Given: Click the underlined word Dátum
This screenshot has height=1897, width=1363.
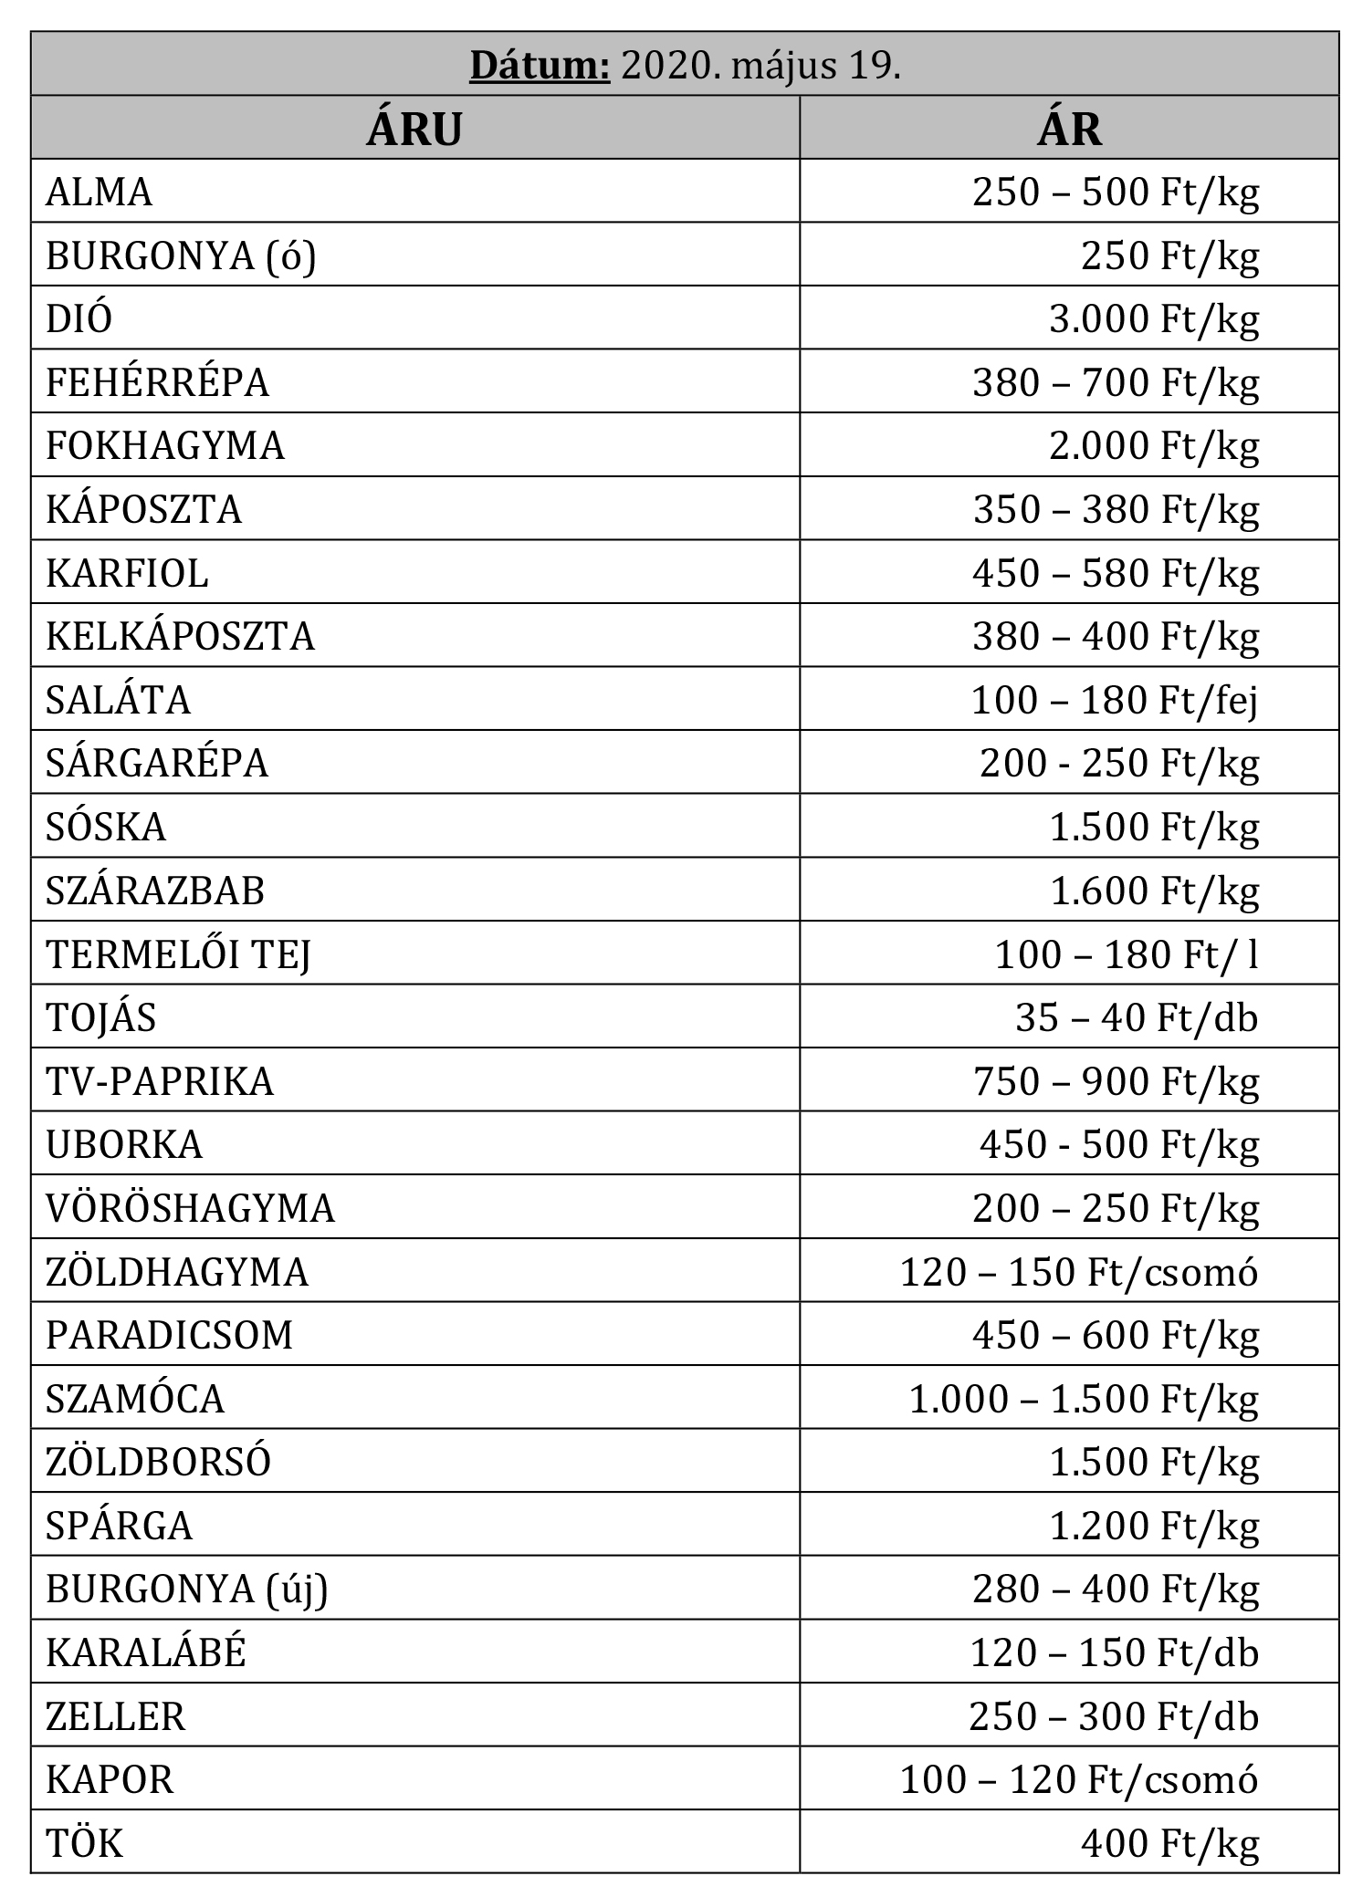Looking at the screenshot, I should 539,66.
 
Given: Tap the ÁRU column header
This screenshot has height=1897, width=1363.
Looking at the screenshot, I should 414,129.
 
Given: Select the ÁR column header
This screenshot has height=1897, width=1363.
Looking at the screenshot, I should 1069,129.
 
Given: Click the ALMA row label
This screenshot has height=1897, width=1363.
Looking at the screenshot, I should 100,193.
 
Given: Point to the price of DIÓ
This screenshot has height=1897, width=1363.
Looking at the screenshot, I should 1154,319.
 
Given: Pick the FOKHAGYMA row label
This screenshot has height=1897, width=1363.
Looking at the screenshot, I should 165,446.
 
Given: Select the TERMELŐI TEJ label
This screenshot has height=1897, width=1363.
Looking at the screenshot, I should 179,954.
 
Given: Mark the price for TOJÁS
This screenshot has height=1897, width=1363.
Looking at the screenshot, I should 1137,1017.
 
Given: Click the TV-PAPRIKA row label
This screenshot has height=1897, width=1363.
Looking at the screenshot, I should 160,1081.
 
